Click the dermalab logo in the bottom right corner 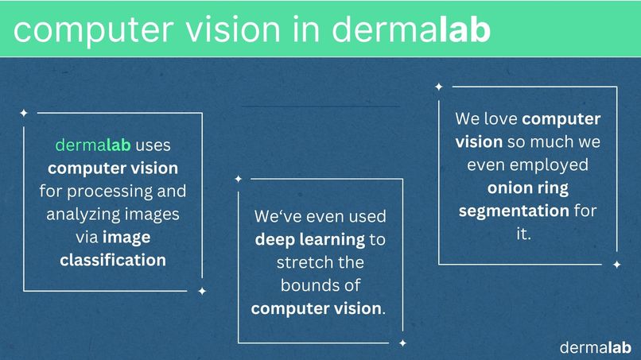point(595,347)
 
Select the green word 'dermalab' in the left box point(92,146)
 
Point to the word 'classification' point(113,260)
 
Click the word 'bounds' point(306,285)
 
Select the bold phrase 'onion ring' point(528,188)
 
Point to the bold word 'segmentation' point(514,211)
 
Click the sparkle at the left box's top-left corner point(24,112)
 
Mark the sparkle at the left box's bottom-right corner point(202,291)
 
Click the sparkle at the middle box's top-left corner point(238,179)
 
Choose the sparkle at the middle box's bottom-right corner point(402,343)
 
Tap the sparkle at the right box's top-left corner point(438,86)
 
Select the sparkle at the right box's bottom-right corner point(616,265)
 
